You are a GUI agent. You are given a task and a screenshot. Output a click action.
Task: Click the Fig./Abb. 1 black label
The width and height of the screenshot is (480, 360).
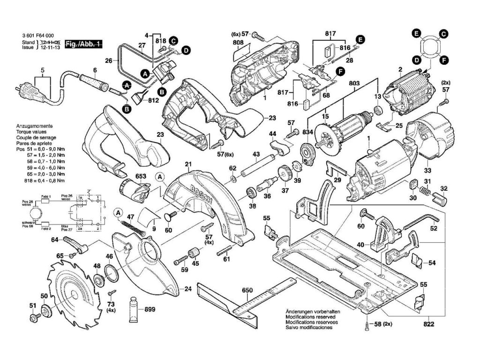(x=84, y=44)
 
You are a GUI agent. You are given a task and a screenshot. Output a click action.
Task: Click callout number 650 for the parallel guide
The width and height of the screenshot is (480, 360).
(x=247, y=291)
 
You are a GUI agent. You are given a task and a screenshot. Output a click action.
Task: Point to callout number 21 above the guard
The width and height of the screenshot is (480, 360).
(x=188, y=165)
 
